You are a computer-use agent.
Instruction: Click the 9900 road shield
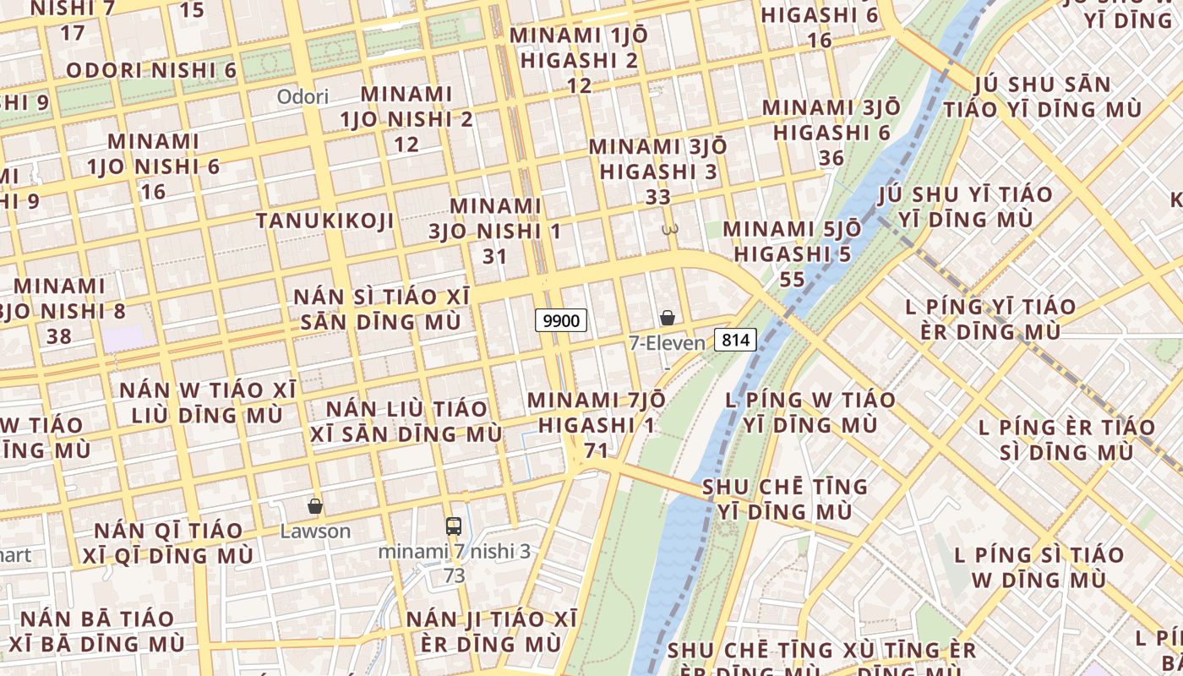561,320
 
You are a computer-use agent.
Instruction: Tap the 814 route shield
735,340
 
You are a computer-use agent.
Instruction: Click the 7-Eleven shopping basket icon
668,318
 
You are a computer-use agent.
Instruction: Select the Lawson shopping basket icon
315,506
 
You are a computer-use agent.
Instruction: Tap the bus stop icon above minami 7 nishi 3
454,526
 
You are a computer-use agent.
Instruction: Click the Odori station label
303,96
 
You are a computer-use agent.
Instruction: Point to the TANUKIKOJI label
325,221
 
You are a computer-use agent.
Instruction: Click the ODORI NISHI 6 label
151,70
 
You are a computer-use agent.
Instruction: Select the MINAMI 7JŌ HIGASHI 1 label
596,412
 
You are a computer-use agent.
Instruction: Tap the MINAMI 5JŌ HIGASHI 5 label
792,242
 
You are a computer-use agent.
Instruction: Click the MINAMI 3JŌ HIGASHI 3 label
657,159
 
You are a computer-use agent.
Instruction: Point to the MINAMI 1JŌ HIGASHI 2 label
580,47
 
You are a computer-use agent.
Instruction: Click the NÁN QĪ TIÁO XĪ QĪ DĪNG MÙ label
168,543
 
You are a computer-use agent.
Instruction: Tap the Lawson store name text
315,531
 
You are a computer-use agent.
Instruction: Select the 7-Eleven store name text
667,343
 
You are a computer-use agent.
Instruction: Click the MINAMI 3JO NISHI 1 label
495,218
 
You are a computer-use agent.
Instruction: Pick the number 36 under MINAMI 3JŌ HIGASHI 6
831,158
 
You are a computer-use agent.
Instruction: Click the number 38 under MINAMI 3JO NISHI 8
59,336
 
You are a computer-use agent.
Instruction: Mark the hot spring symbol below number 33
671,228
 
